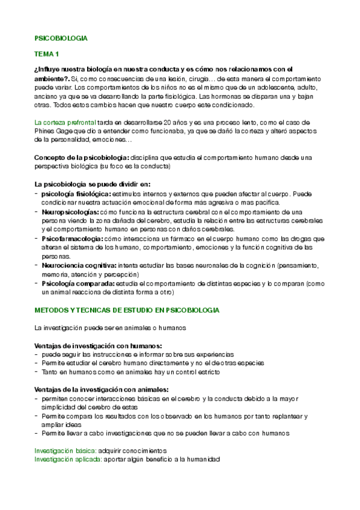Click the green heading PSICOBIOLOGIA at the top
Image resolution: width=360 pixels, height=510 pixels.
coord(61,38)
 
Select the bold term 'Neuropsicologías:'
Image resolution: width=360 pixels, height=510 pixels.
coord(70,212)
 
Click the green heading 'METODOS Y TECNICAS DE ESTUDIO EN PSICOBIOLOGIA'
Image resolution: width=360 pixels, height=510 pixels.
coord(127,310)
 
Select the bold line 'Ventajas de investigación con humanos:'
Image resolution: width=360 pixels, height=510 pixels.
coord(98,346)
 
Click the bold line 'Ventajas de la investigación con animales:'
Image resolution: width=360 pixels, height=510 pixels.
coord(101,390)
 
